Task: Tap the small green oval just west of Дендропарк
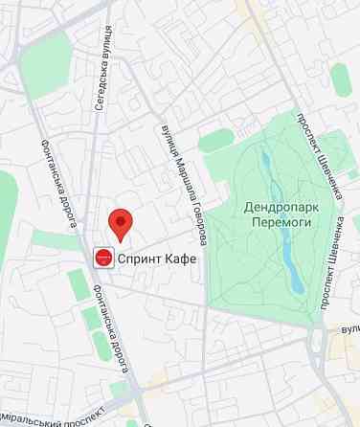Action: point(215,141)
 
